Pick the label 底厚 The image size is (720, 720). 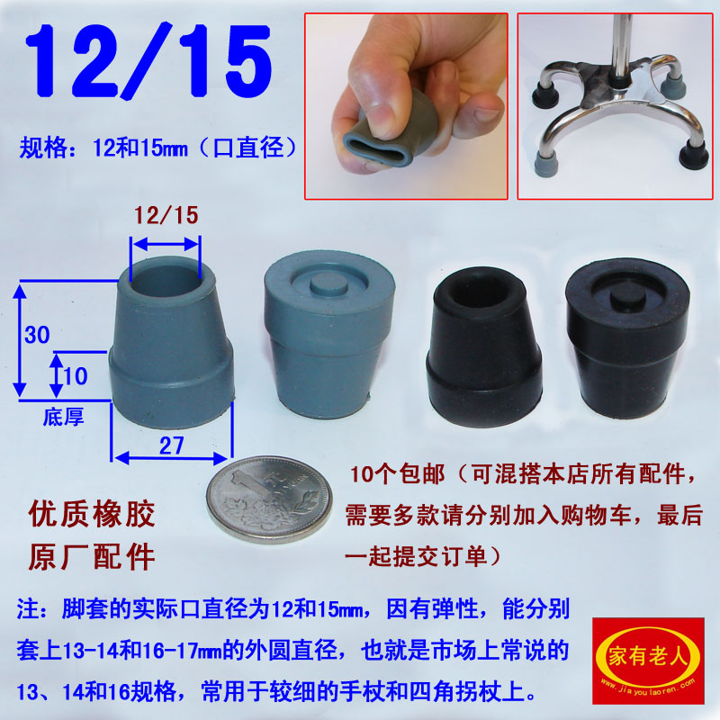pos(61,417)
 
